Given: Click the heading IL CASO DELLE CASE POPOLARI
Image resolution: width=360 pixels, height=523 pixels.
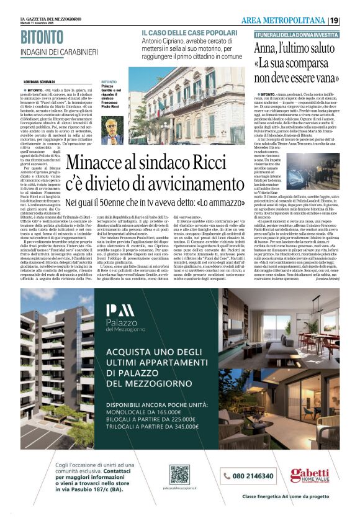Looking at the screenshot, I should [189, 31].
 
